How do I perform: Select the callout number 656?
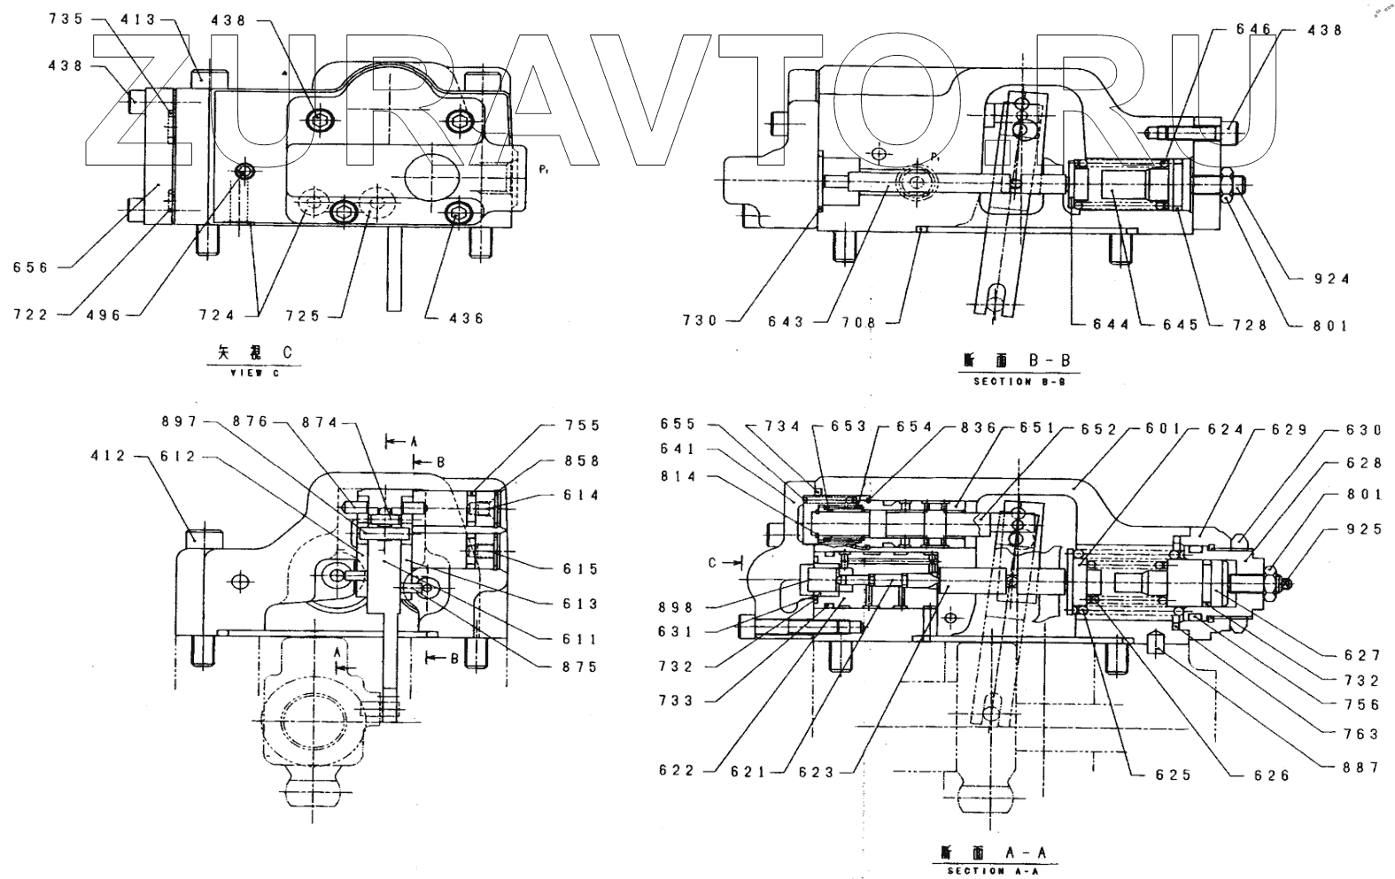tap(32, 267)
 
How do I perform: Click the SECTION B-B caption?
tap(1013, 382)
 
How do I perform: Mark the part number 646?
tap(1252, 29)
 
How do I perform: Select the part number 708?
tap(858, 322)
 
